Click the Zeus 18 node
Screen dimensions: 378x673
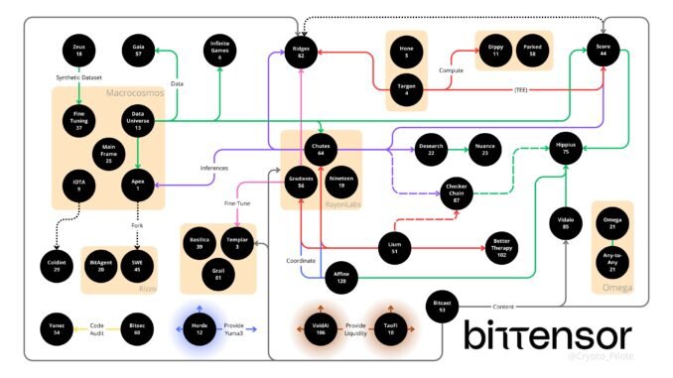tap(78, 51)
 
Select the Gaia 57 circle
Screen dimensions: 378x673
tap(139, 51)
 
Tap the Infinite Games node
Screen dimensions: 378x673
tap(218, 50)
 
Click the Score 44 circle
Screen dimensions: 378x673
tap(603, 52)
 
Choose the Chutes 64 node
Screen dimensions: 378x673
tap(321, 149)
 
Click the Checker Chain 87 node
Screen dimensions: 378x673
tap(458, 191)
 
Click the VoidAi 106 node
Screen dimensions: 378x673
tap(320, 328)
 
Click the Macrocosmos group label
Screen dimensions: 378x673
tap(135, 92)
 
